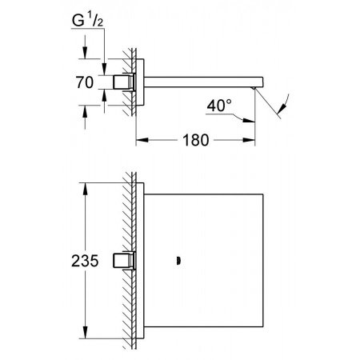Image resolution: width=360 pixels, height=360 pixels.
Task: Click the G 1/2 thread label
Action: coord(87,20)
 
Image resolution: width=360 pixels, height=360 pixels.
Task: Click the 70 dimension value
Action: coord(85,82)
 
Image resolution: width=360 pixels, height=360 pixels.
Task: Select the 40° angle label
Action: coord(219,106)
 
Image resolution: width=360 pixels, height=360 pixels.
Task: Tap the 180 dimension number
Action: coord(195,140)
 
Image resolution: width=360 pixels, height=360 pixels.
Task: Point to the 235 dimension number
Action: coord(85,261)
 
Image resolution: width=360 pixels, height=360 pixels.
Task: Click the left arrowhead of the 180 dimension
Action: coord(142,140)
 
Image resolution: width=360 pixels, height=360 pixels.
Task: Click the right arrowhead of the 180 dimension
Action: coord(249,140)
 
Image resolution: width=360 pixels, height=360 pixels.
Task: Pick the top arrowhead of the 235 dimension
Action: coord(85,189)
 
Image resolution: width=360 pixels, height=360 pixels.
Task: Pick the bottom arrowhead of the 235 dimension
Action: coord(85,332)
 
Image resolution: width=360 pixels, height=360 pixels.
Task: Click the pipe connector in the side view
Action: coord(124,82)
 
